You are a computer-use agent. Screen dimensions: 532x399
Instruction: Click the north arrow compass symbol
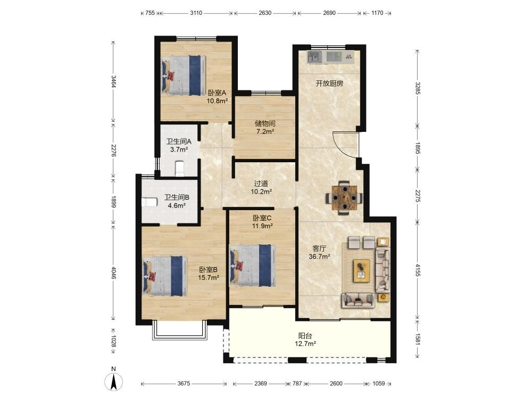click(x=114, y=381)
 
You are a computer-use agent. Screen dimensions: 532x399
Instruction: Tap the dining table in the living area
click(x=344, y=198)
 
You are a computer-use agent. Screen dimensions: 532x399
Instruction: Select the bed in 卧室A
click(x=184, y=75)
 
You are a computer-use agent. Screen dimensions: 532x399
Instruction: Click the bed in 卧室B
click(x=165, y=276)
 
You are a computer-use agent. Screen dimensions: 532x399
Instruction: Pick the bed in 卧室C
click(x=252, y=265)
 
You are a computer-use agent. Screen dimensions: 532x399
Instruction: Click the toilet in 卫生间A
click(x=179, y=169)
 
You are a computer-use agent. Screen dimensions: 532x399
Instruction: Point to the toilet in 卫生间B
click(x=149, y=202)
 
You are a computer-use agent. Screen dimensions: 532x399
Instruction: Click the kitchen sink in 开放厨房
click(x=314, y=57)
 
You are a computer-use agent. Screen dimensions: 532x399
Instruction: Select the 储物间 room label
click(x=265, y=123)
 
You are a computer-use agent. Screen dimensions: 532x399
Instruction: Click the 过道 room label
click(x=261, y=184)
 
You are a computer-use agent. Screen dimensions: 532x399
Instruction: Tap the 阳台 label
click(x=305, y=336)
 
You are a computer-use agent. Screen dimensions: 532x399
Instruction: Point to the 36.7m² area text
click(x=319, y=257)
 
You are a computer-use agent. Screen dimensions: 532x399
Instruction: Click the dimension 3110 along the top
click(x=196, y=13)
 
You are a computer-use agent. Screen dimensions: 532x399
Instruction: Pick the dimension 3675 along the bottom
click(x=184, y=384)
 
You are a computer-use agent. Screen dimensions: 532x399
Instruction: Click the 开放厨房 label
click(x=329, y=84)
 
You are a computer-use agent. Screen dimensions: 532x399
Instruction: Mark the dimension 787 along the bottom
click(x=297, y=384)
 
